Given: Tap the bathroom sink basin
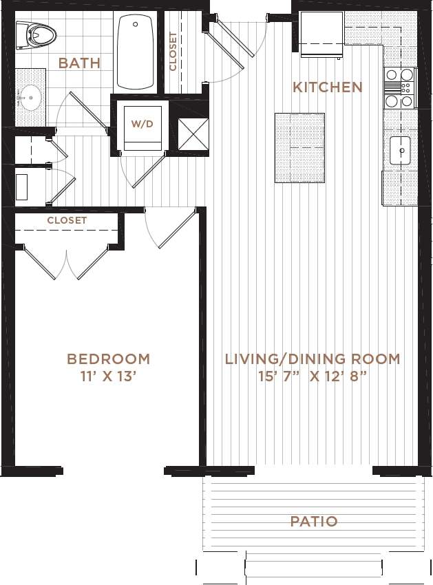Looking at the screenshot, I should [30, 97].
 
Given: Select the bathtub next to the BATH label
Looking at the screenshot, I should [136, 52].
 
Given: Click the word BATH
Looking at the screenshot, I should [79, 63].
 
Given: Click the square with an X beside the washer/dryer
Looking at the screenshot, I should [192, 134].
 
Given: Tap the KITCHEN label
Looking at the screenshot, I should [327, 87].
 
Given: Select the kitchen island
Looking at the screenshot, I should [299, 148].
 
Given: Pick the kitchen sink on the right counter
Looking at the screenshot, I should [400, 151].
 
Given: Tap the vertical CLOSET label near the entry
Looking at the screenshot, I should [173, 52].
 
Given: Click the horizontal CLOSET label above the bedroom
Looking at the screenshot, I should [67, 220].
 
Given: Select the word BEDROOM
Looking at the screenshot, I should [108, 359].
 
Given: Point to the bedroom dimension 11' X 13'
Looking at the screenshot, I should [108, 376].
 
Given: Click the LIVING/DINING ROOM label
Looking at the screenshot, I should [313, 359].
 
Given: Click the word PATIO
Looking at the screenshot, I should [313, 521].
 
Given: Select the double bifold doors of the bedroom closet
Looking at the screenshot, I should [67, 262].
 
